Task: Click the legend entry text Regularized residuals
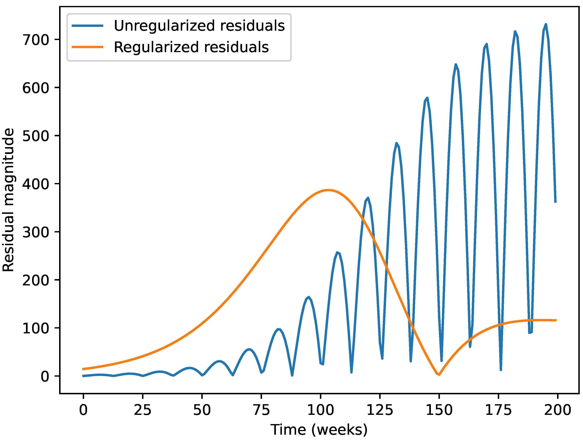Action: click(191, 47)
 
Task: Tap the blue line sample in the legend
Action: click(88, 26)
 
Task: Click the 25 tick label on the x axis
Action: click(143, 410)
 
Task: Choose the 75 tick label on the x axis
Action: click(261, 410)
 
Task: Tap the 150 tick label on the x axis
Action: click(439, 410)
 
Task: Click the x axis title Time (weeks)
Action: click(319, 430)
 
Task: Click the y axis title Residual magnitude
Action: click(8, 200)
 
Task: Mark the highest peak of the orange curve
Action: click(328, 190)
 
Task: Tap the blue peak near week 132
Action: click(396, 143)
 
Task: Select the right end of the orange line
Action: click(556, 320)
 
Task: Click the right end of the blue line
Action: click(555, 202)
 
